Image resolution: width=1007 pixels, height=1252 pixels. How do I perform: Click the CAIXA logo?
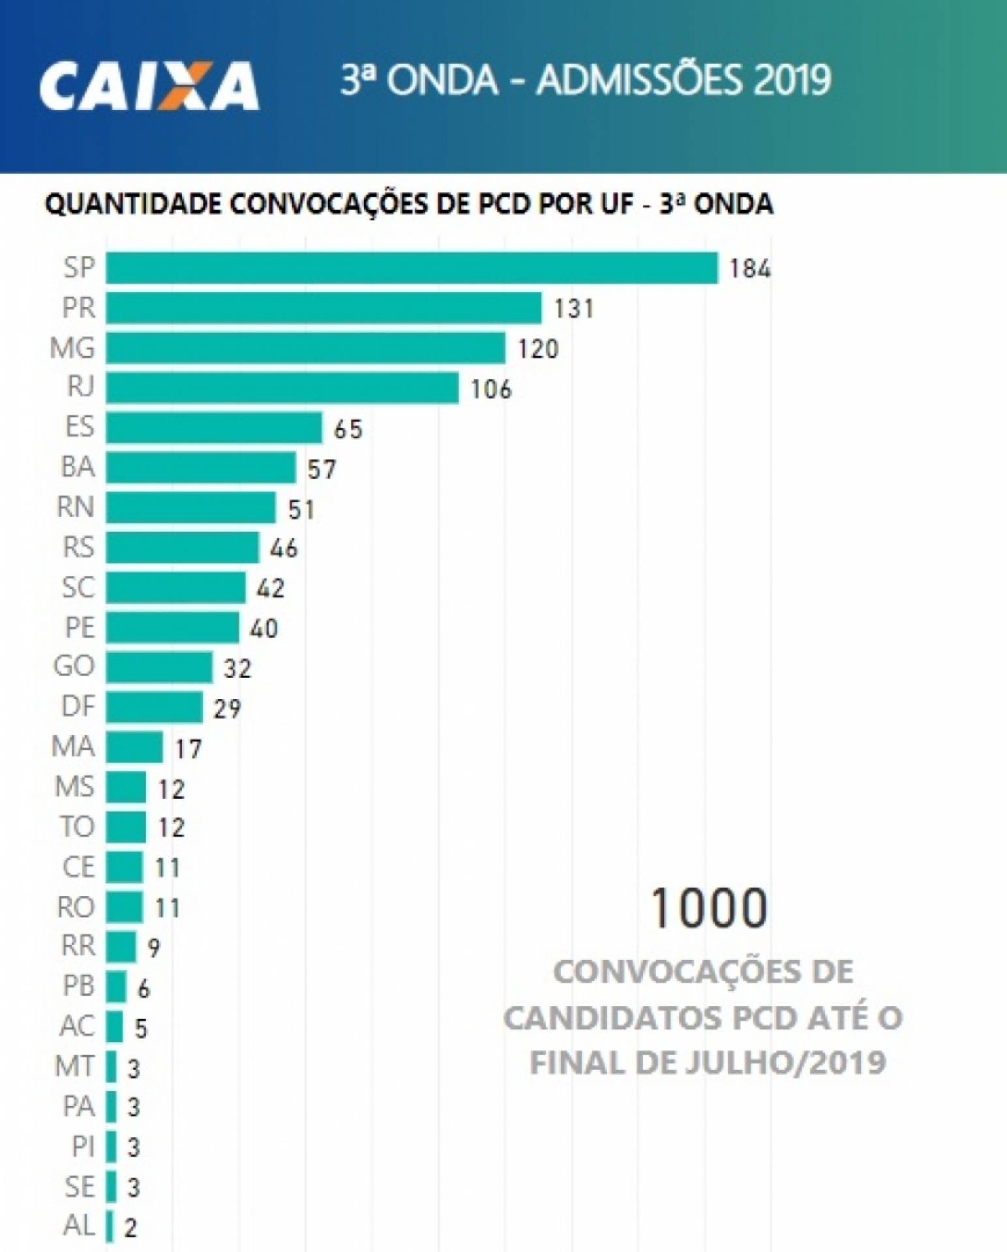[x=149, y=85]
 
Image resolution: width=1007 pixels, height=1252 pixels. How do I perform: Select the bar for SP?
[x=412, y=268]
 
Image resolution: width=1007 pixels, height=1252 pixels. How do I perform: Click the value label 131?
[x=574, y=308]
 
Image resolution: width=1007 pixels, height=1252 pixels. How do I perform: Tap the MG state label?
[x=72, y=348]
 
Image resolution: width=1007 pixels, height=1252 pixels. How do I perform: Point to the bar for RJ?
[x=282, y=388]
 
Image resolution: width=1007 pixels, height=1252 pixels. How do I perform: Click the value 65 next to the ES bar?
[x=348, y=429]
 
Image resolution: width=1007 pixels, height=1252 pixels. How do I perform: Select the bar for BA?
[x=201, y=468]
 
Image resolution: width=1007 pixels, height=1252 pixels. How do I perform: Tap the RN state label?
[x=76, y=507]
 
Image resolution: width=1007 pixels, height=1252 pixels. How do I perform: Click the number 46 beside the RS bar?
[x=284, y=548]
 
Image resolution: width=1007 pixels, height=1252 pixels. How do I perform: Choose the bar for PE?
[x=172, y=627]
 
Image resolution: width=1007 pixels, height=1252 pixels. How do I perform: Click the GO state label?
[x=74, y=667]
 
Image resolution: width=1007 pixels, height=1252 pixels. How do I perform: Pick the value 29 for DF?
[x=227, y=709]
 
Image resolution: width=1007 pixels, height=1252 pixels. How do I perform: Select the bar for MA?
[x=134, y=747]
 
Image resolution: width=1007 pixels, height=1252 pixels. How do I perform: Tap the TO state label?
[x=77, y=827]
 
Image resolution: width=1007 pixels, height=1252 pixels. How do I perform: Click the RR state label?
[x=78, y=946]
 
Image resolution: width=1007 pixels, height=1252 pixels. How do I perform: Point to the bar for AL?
[x=110, y=1227]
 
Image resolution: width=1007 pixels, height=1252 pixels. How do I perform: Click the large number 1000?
[x=708, y=908]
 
